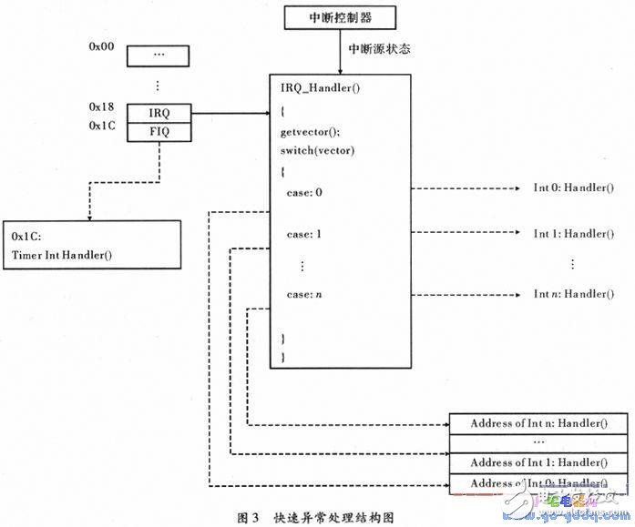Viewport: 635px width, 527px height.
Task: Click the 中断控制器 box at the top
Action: click(x=340, y=16)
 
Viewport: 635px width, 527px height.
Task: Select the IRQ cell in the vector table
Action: click(x=159, y=114)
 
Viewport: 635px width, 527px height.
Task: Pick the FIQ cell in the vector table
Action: click(x=159, y=132)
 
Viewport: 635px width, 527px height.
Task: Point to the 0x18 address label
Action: click(x=101, y=107)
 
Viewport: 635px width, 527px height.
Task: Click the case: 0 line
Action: click(x=304, y=190)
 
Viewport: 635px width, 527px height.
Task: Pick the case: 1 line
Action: click(x=304, y=234)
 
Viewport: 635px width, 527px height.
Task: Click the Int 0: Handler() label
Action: click(x=573, y=189)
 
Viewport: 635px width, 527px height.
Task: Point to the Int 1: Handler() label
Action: click(x=573, y=234)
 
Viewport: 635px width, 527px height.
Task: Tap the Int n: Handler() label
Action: click(x=573, y=294)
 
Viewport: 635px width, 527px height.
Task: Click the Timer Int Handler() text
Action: click(x=61, y=254)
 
